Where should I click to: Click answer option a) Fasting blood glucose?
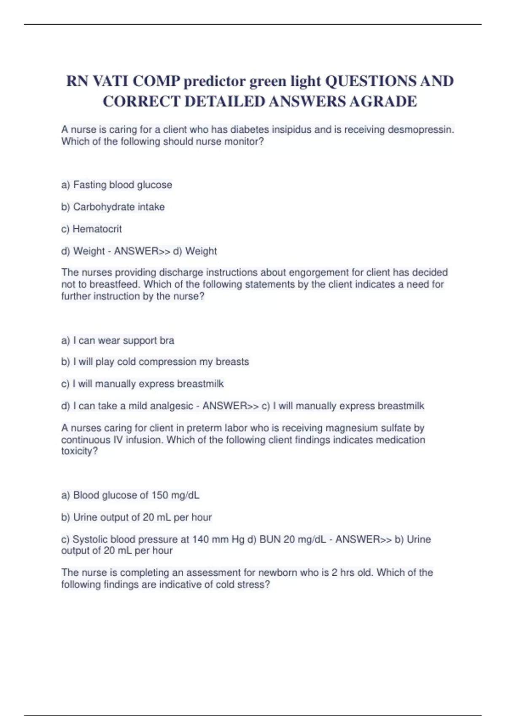pyautogui.click(x=117, y=185)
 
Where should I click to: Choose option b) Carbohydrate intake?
pyautogui.click(x=113, y=207)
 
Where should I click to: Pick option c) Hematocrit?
pyautogui.click(x=92, y=229)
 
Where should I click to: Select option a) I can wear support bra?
pyautogui.click(x=118, y=340)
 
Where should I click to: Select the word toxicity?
pyautogui.click(x=79, y=451)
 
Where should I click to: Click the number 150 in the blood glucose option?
pyautogui.click(x=160, y=495)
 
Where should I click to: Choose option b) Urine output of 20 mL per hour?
pyautogui.click(x=137, y=517)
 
